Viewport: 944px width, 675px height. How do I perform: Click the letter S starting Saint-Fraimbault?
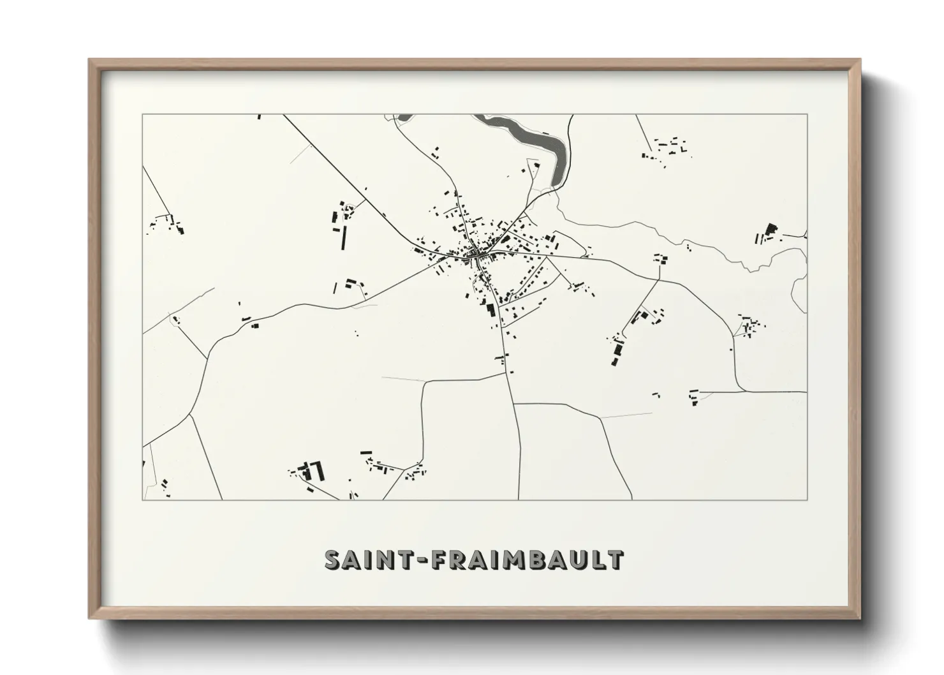[x=334, y=560]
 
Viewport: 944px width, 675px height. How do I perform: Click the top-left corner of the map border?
[x=142, y=114]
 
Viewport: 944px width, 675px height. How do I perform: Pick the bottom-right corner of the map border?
[x=807, y=500]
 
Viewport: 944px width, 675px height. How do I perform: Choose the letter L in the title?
[x=598, y=560]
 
